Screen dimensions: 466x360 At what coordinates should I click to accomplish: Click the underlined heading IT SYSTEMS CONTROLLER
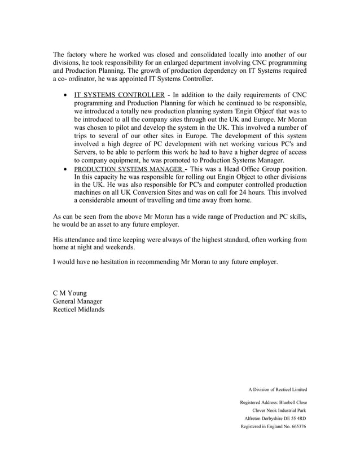click(x=119, y=94)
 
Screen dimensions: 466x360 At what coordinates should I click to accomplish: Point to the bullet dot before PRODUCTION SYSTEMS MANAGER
click(x=67, y=170)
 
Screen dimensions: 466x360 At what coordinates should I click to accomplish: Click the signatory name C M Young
click(x=74, y=293)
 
